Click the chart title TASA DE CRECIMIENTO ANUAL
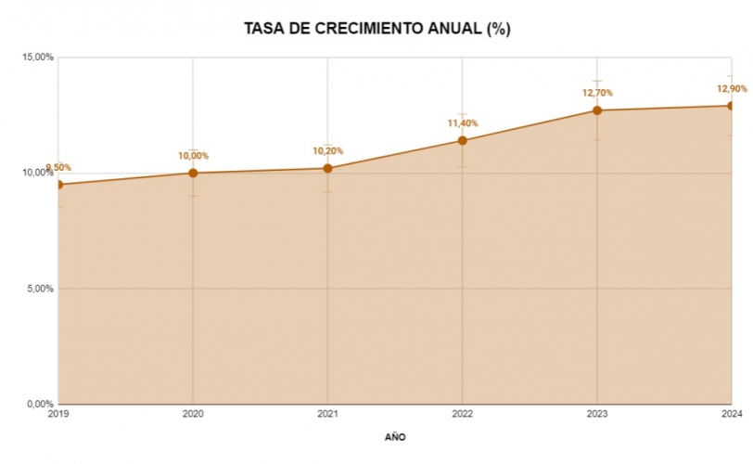pyautogui.click(x=376, y=29)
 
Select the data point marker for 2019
pyautogui.click(x=58, y=185)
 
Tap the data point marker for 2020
pyautogui.click(x=193, y=173)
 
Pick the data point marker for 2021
pyautogui.click(x=327, y=168)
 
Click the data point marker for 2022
pyautogui.click(x=463, y=140)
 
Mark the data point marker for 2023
pyautogui.click(x=597, y=110)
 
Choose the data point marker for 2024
pyautogui.click(x=731, y=106)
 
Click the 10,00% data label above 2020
pyautogui.click(x=193, y=156)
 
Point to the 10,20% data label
pyautogui.click(x=327, y=151)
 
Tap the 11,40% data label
pyautogui.click(x=463, y=123)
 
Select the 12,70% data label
pyautogui.click(x=597, y=93)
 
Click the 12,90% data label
pyautogui.click(x=731, y=89)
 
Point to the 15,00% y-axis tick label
pyautogui.click(x=38, y=58)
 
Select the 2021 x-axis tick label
pyautogui.click(x=327, y=414)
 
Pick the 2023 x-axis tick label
pyautogui.click(x=597, y=414)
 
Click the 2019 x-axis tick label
pyautogui.click(x=58, y=414)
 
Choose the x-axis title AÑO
pyautogui.click(x=395, y=436)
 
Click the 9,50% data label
pyautogui.click(x=57, y=168)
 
